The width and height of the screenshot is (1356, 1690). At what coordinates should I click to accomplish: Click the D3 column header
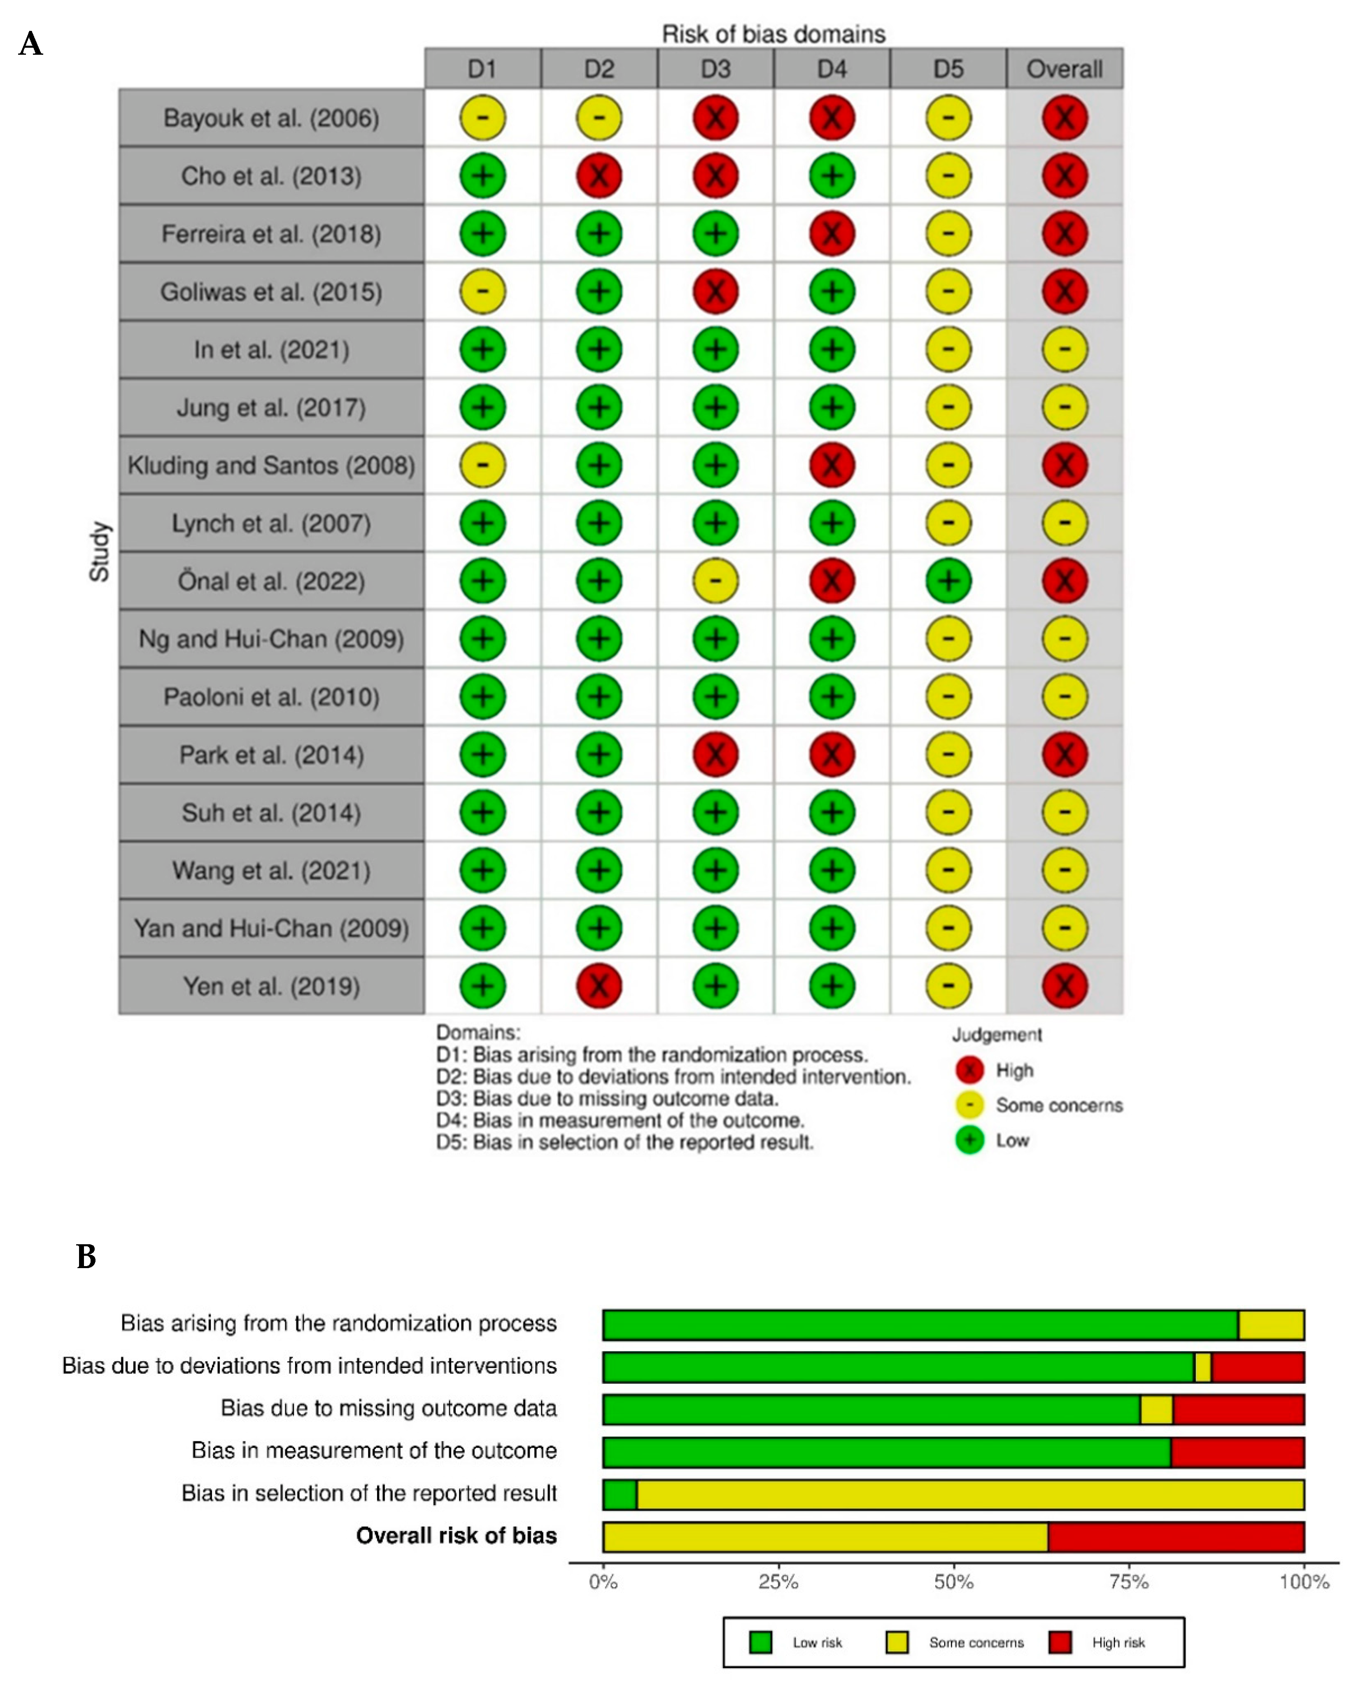(x=715, y=69)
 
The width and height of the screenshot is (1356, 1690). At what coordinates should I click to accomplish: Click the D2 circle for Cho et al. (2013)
(x=599, y=176)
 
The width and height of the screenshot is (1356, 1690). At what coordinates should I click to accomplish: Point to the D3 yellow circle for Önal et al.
(x=715, y=581)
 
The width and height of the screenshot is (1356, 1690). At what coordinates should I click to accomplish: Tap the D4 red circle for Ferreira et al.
(x=832, y=234)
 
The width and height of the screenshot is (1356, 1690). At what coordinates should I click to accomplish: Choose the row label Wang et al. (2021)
(x=271, y=870)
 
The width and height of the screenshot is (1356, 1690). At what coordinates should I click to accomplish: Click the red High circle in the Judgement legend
(x=969, y=1070)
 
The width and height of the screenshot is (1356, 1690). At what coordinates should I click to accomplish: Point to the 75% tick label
(x=1129, y=1582)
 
